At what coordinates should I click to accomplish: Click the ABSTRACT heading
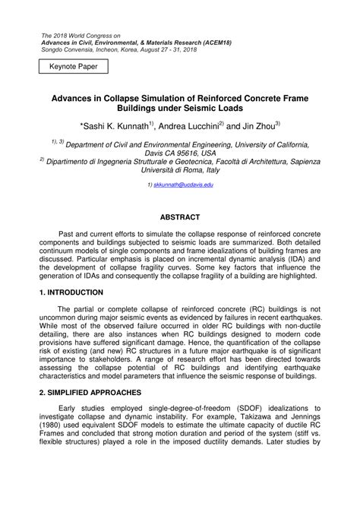click(180, 217)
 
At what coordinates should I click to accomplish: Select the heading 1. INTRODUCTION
click(78, 292)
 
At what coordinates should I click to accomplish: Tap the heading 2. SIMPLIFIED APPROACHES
click(90, 392)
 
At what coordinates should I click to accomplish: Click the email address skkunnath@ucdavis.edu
click(183, 185)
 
